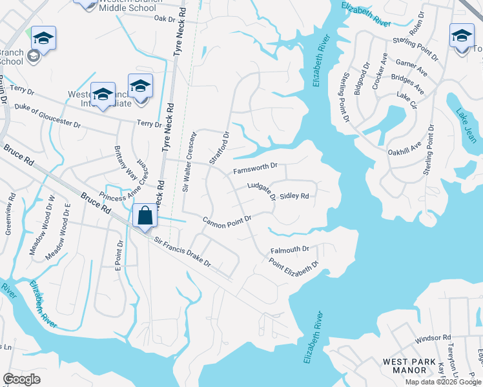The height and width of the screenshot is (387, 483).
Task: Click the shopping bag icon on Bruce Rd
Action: click(x=145, y=215)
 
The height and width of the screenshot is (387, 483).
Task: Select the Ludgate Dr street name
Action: click(x=262, y=190)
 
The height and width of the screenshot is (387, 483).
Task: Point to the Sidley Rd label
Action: click(x=294, y=196)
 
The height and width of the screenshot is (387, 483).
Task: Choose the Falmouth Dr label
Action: click(x=291, y=249)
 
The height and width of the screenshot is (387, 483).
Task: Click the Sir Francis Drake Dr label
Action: click(x=182, y=251)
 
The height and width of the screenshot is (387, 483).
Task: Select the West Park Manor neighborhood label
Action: click(x=413, y=366)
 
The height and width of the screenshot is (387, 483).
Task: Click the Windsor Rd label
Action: click(x=433, y=338)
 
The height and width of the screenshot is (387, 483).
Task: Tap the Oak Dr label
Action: click(x=165, y=19)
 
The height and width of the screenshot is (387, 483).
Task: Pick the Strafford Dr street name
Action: click(x=219, y=150)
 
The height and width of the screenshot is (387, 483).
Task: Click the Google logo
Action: click(x=21, y=379)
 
